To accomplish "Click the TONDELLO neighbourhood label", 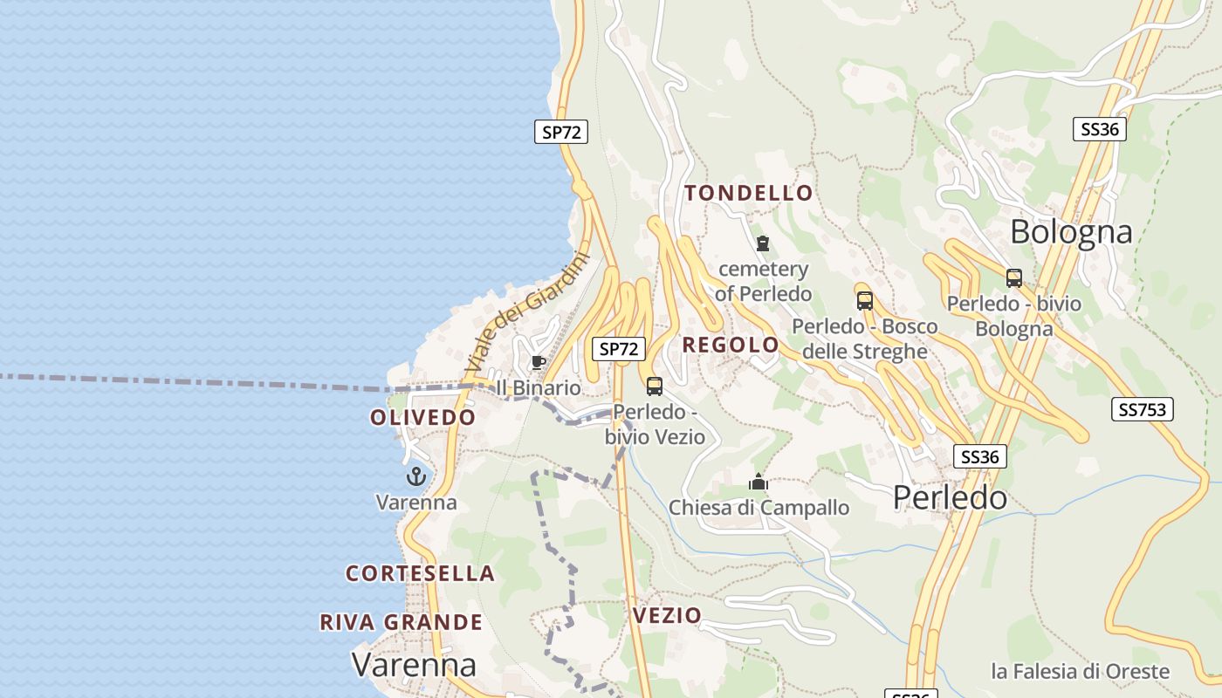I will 749,193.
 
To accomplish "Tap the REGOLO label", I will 731,345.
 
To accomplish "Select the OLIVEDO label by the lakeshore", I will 423,417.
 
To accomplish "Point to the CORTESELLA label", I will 421,573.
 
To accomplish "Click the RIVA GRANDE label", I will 402,622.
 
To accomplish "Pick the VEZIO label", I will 667,615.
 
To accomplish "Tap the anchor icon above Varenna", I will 416,476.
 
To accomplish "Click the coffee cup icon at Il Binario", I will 539,362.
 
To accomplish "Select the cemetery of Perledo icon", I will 763,243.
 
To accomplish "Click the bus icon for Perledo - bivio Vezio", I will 655,386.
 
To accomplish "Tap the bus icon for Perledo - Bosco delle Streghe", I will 864,301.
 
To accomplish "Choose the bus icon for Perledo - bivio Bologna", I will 1013,278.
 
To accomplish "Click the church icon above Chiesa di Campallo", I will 759,482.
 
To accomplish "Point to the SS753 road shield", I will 1142,409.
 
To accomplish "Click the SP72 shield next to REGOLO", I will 619,349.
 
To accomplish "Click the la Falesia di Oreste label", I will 1080,671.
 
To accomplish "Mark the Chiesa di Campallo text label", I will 759,508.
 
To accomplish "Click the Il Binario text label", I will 539,387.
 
